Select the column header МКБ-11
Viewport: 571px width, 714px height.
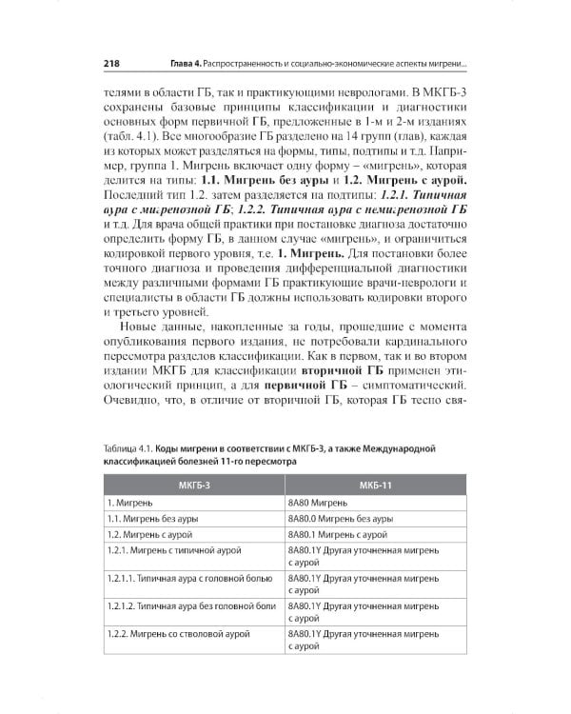[x=370, y=485]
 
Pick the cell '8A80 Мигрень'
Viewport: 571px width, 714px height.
[x=320, y=502]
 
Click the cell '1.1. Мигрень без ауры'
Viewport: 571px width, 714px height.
[x=153, y=519]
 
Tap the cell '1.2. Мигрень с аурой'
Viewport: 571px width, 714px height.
[x=149, y=536]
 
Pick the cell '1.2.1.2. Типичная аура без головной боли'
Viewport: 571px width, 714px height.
[x=191, y=606]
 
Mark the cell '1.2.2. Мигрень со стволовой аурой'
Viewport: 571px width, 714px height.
[x=178, y=633]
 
